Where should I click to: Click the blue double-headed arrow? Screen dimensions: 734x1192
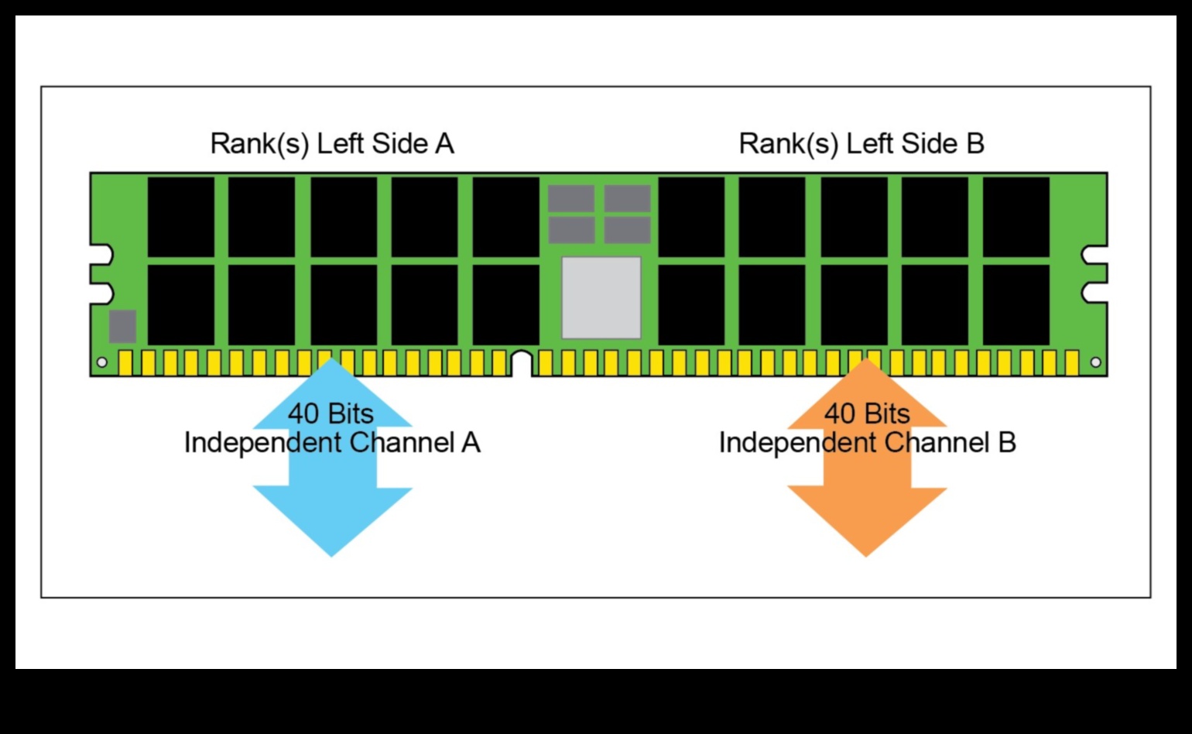332,511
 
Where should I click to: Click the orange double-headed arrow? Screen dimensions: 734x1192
867,511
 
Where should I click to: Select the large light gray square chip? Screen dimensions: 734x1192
601,298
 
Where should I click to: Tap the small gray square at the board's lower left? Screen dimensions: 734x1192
122,326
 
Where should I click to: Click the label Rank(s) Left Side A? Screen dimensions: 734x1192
332,144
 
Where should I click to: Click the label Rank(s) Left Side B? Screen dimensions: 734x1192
861,144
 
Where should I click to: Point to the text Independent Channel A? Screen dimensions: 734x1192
332,443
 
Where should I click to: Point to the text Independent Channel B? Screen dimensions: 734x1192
867,443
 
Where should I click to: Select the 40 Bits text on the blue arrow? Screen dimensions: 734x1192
331,413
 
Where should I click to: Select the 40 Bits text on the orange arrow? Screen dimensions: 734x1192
867,413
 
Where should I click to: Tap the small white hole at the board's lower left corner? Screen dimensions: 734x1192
101,362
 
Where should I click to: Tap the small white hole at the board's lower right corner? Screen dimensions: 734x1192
1095,362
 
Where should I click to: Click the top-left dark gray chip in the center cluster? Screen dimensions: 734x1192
571,198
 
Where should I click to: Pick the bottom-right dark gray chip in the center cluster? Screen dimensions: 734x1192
628,230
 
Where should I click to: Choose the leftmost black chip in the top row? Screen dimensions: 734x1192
181,217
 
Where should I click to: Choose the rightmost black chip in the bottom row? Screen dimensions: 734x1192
1016,305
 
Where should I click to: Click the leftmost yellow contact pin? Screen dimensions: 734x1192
126,362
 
